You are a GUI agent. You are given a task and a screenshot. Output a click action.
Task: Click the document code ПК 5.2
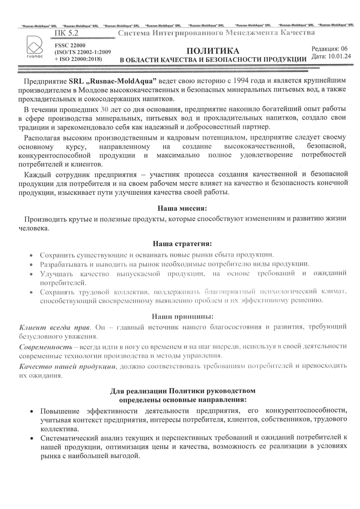point(65,33)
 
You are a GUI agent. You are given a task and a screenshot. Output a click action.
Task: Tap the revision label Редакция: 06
point(330,48)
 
